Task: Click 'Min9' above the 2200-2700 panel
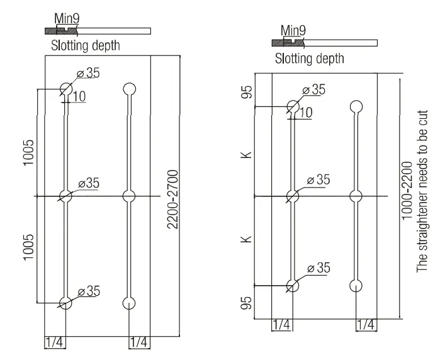65,19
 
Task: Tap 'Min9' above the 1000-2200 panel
293,30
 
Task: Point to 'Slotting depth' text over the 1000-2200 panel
310,59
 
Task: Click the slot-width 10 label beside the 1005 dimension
78,96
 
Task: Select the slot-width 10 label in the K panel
305,113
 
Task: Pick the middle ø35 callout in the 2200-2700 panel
88,183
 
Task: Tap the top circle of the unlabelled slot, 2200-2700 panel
129,88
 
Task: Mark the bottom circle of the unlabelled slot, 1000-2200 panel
356,284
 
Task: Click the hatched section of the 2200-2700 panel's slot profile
57,31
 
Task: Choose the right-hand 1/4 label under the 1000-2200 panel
366,324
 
